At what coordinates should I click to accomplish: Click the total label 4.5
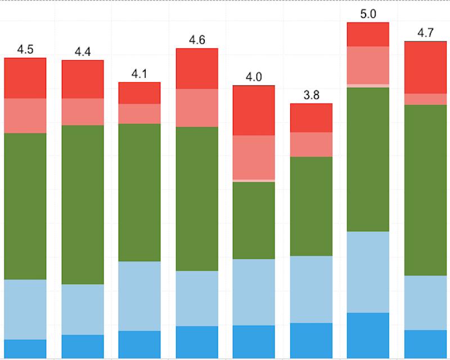(x=25, y=49)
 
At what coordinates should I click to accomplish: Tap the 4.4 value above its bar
(x=83, y=52)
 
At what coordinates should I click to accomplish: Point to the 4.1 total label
(x=139, y=74)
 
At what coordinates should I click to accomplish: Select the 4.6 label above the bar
(x=197, y=40)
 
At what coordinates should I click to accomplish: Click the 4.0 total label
(x=254, y=77)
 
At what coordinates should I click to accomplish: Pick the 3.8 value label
(x=311, y=95)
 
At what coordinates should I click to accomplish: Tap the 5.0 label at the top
(x=368, y=14)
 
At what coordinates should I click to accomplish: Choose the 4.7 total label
(x=425, y=33)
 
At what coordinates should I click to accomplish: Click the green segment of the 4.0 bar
(x=254, y=220)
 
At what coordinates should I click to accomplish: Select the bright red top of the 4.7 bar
(x=425, y=67)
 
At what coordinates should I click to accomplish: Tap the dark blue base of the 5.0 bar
(x=368, y=335)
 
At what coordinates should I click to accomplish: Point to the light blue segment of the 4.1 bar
(x=139, y=296)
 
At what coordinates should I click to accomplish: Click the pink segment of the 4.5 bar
(x=25, y=116)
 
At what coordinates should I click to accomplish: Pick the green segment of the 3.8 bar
(x=311, y=206)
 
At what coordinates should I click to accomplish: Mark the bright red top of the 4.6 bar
(x=197, y=69)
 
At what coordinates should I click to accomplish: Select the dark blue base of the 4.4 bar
(x=83, y=346)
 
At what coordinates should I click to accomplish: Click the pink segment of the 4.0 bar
(x=254, y=157)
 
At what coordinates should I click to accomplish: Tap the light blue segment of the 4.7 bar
(x=425, y=303)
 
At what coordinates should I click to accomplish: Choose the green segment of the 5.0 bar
(x=368, y=159)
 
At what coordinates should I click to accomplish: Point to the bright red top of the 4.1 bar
(x=139, y=93)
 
